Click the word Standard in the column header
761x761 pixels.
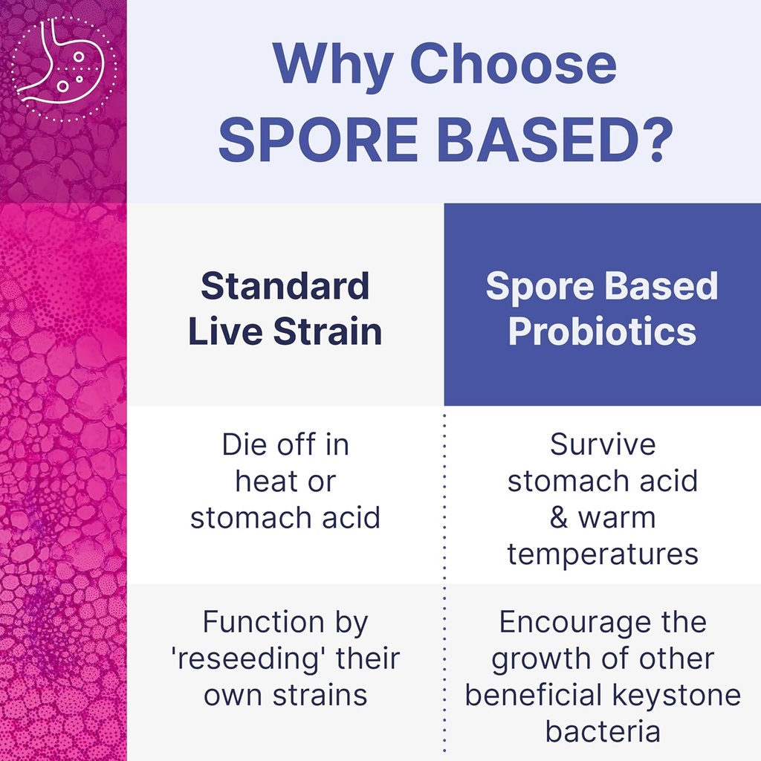click(x=285, y=286)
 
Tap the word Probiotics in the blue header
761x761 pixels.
click(x=602, y=331)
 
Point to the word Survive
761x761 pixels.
click(x=603, y=445)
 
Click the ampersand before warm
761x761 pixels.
click(x=559, y=518)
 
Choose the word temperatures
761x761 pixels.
click(x=603, y=554)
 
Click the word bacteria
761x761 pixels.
click(x=603, y=731)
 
